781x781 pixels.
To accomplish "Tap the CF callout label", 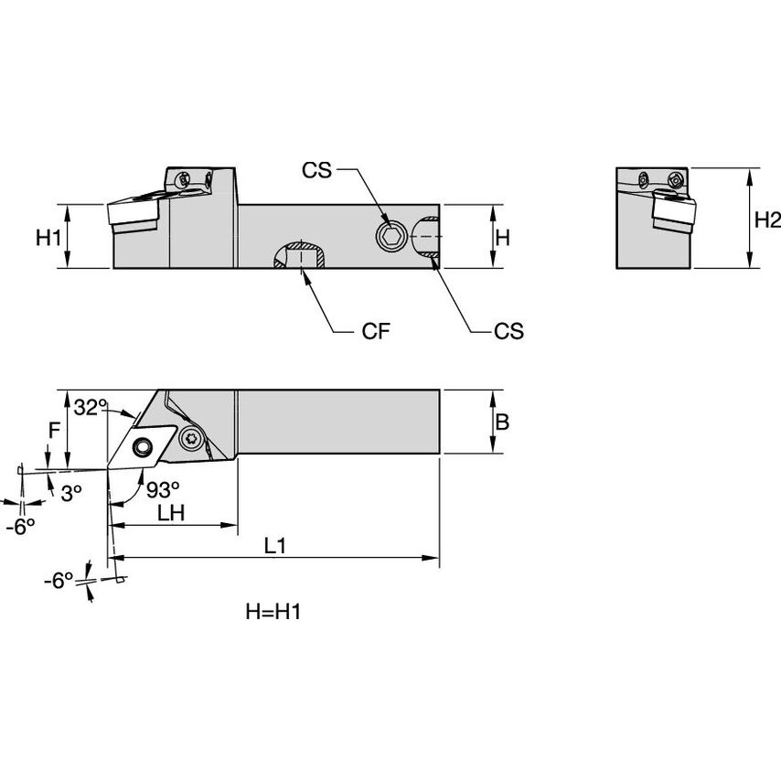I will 377,331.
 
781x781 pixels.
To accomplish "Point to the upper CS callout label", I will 319,171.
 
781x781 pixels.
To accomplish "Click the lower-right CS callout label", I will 508,331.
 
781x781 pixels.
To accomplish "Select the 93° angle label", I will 161,489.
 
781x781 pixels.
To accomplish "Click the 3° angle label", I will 71,491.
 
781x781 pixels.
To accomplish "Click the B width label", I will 502,422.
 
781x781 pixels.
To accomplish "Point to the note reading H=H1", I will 273,612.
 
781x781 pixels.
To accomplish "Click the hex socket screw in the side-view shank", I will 390,237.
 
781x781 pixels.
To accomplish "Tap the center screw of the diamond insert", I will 143,446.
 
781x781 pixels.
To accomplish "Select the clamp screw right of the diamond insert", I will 192,438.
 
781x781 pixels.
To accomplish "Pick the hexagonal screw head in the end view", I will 676,179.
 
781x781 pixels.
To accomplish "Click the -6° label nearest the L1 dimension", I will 61,580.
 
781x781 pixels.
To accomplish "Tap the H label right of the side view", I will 502,238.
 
